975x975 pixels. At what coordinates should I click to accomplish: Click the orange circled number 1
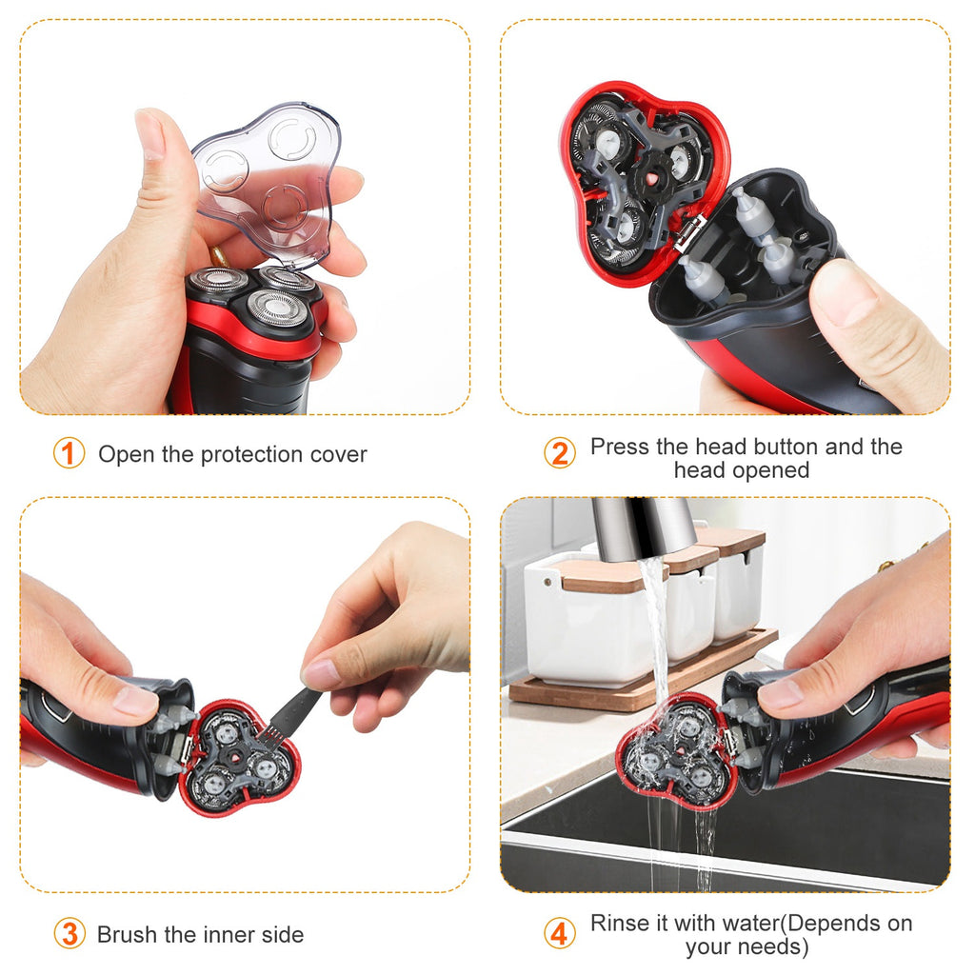(x=69, y=454)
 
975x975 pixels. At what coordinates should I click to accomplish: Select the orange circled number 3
(x=69, y=934)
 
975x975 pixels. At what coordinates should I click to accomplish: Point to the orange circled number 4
(x=560, y=934)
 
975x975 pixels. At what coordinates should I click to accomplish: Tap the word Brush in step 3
(x=130, y=934)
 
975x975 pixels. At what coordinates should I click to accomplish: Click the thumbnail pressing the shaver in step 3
(x=135, y=702)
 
